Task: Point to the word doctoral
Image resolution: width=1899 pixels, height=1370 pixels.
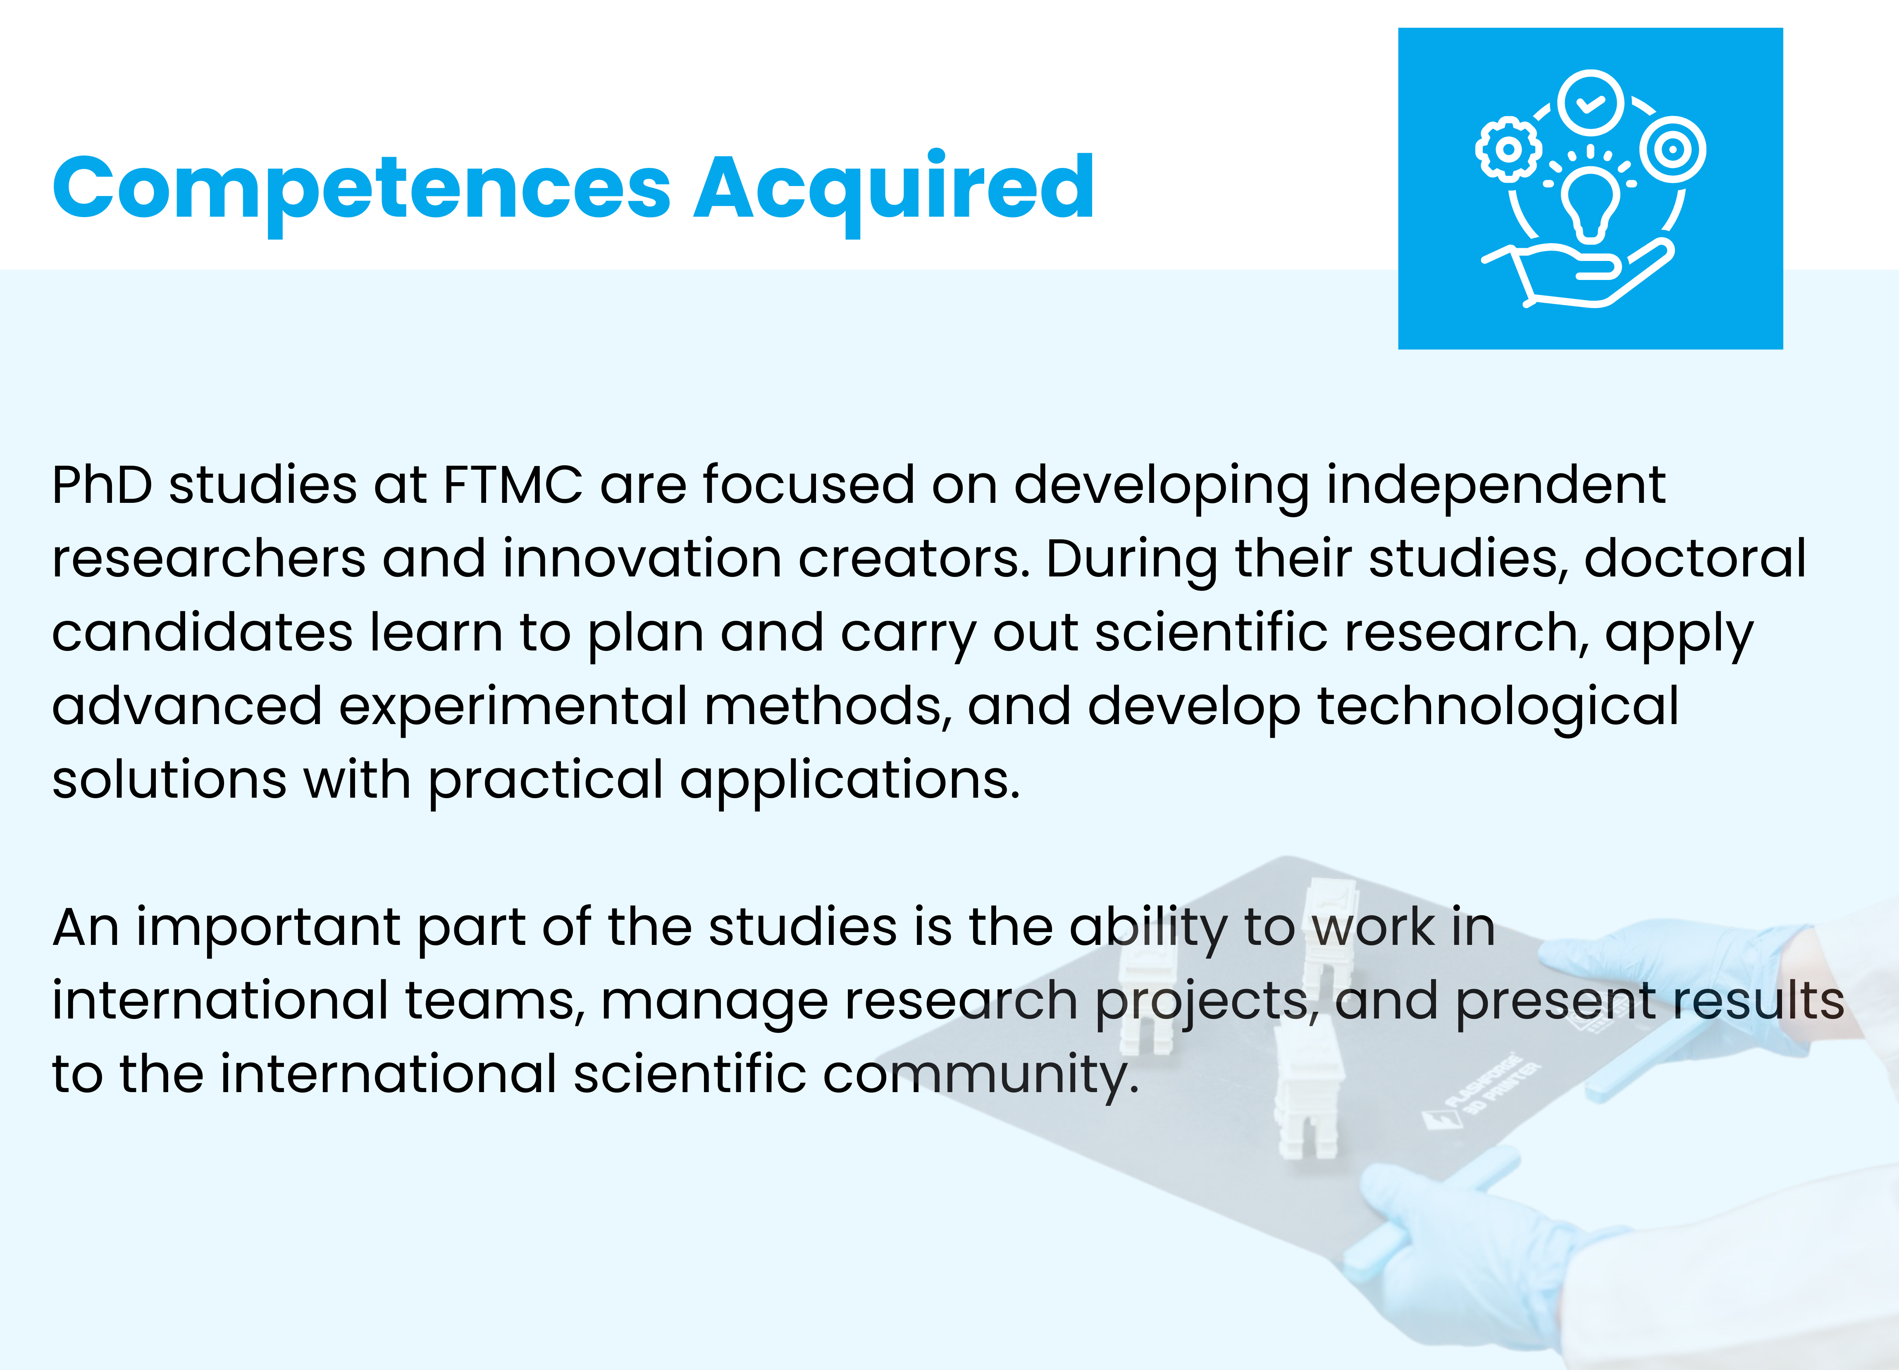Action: pyautogui.click(x=1695, y=559)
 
